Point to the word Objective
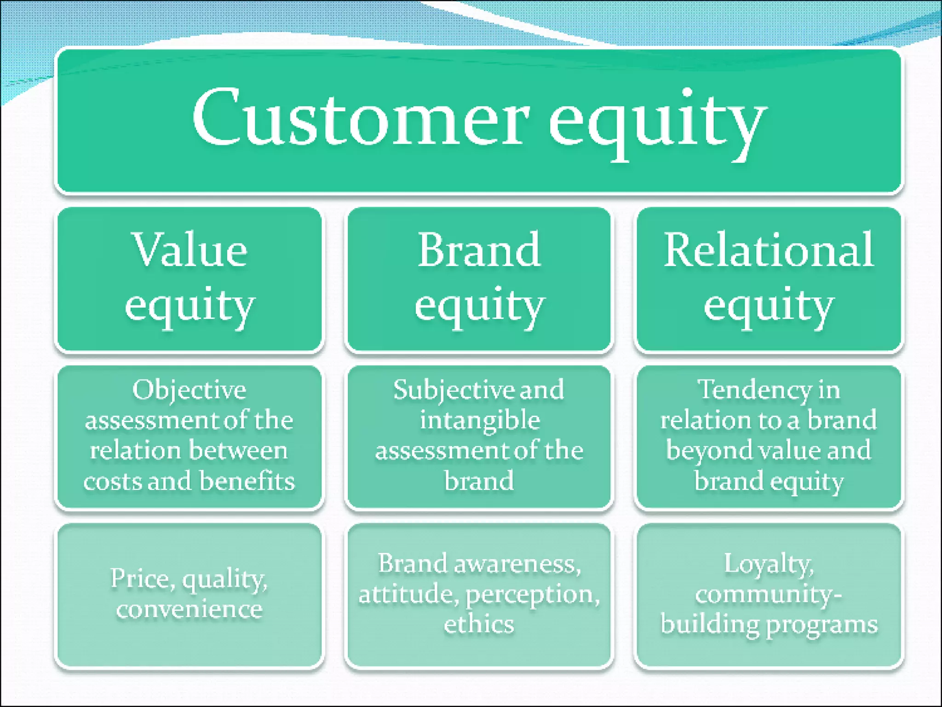tap(189, 390)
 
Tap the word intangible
tap(479, 421)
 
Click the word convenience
tap(189, 609)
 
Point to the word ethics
tap(479, 625)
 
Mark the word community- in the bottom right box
tap(769, 594)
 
